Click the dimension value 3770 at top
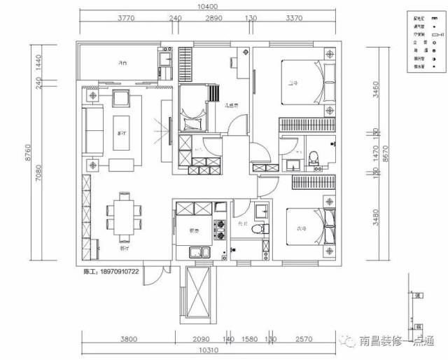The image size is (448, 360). coord(127,19)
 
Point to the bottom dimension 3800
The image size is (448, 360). coord(127,339)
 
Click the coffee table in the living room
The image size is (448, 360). coord(121,132)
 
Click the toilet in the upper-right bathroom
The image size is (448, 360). coord(314,158)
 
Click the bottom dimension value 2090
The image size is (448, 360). coord(201,339)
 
